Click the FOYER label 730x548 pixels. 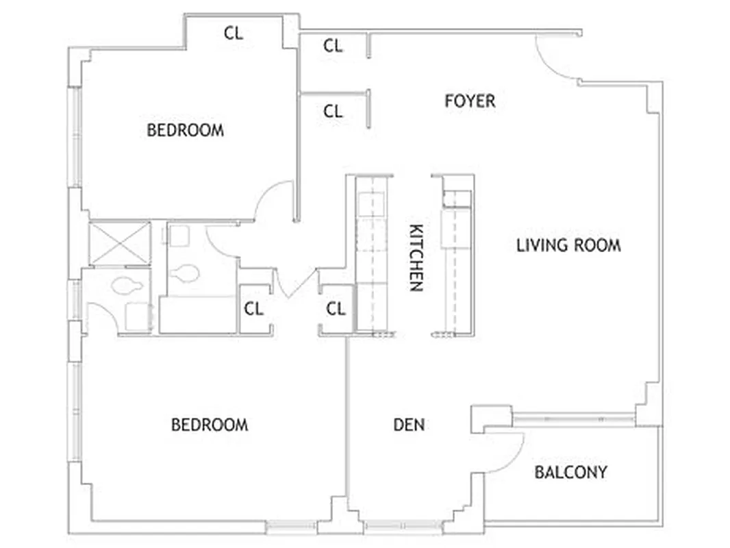[x=470, y=101]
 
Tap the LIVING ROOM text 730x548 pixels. [x=568, y=245]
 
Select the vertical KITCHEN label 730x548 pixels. [x=416, y=258]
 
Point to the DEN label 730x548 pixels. [x=409, y=425]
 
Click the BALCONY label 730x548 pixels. [x=570, y=473]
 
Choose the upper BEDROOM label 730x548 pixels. [x=185, y=130]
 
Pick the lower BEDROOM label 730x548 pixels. [x=210, y=425]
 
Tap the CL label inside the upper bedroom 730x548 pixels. [x=234, y=33]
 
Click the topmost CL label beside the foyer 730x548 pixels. [x=333, y=46]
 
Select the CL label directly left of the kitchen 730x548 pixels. [x=336, y=309]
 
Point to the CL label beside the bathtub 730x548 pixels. [x=253, y=309]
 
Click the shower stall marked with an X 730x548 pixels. [x=119, y=242]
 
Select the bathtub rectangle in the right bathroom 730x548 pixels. [x=197, y=314]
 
